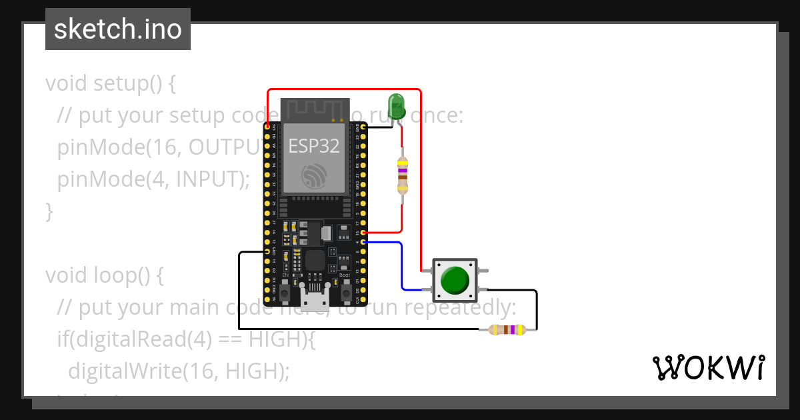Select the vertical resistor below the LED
point(402,175)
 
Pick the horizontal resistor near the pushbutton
point(507,329)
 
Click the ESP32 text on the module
point(314,146)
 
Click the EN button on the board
point(285,292)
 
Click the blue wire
point(402,267)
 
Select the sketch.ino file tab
point(117,29)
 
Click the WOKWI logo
point(708,367)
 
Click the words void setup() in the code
point(110,83)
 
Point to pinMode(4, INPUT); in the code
point(153,179)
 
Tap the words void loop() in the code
point(104,275)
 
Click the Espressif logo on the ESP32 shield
point(314,175)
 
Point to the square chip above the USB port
point(315,260)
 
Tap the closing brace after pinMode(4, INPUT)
point(49,211)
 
